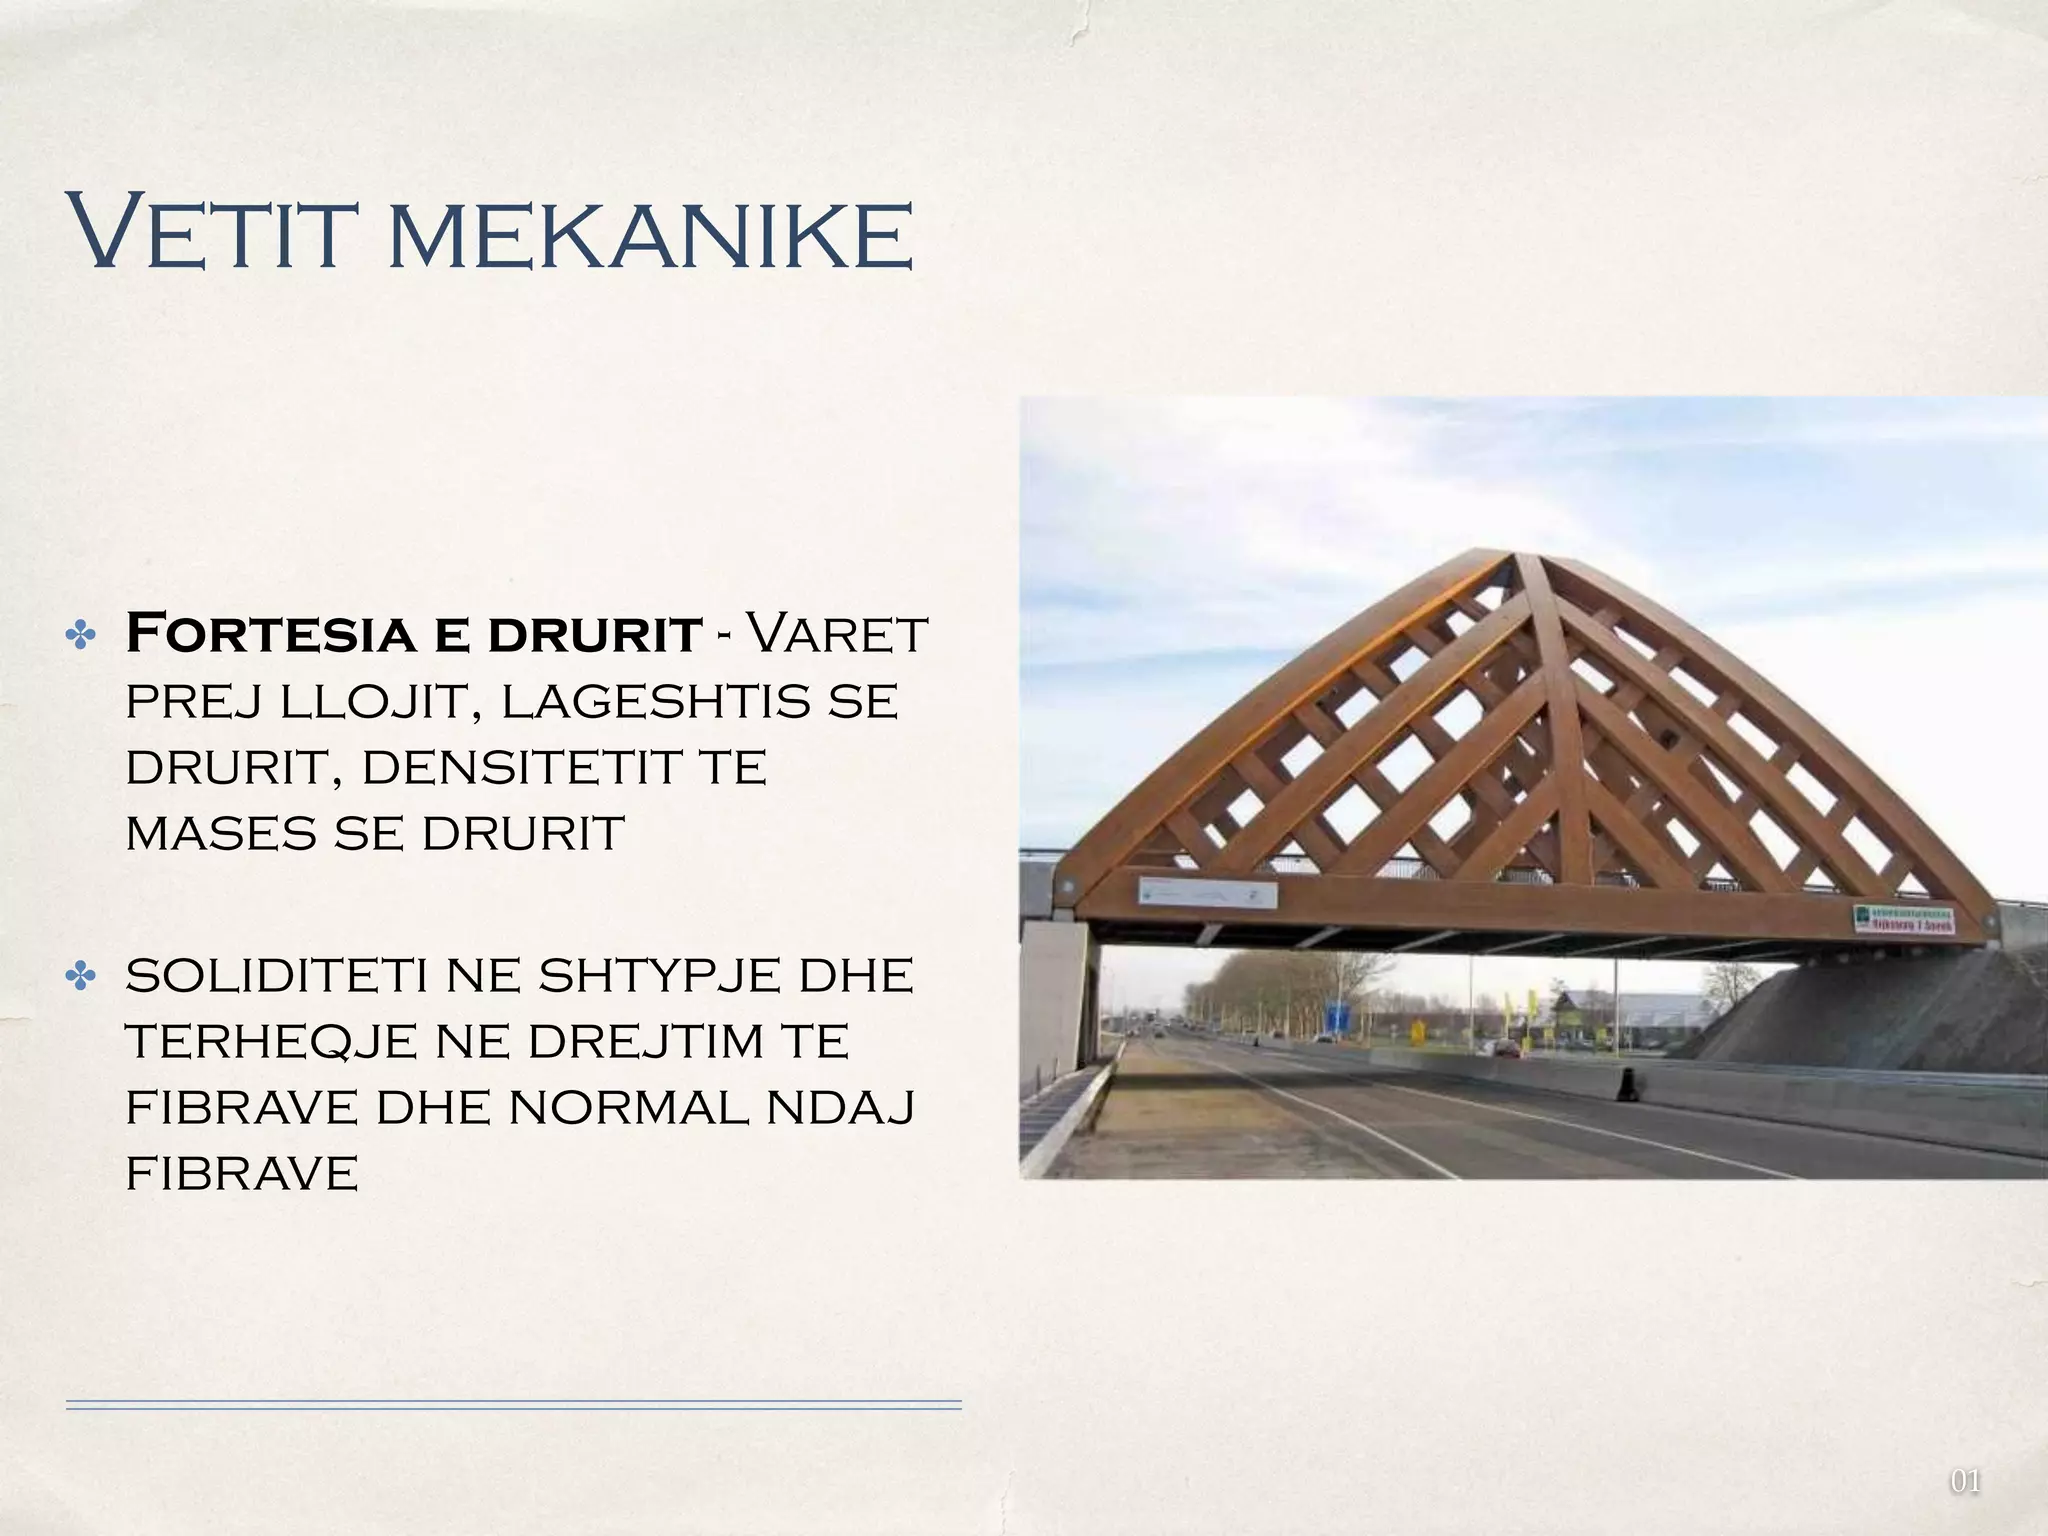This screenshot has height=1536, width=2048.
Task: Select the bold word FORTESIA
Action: click(270, 634)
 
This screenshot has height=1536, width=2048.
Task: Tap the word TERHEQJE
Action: click(271, 1042)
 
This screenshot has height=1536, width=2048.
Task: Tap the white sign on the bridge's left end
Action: click(1208, 893)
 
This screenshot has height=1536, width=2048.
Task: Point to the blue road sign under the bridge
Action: click(1335, 1016)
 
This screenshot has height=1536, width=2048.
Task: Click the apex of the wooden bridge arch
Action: click(1504, 556)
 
